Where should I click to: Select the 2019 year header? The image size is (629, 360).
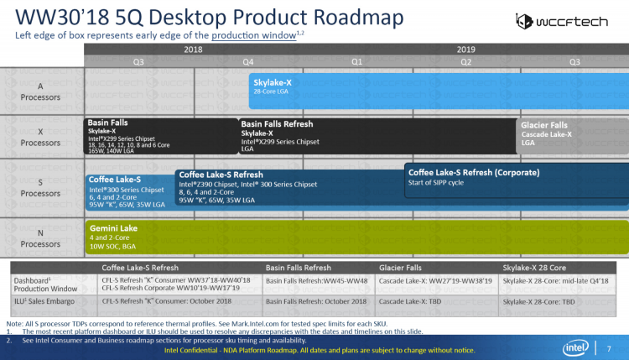coord(466,50)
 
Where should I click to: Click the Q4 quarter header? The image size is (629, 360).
coord(248,61)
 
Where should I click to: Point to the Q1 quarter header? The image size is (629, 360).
coord(357,61)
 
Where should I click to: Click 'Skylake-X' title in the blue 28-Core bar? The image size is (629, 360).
coord(273,82)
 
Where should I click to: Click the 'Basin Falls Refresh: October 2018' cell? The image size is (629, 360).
coord(315,300)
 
